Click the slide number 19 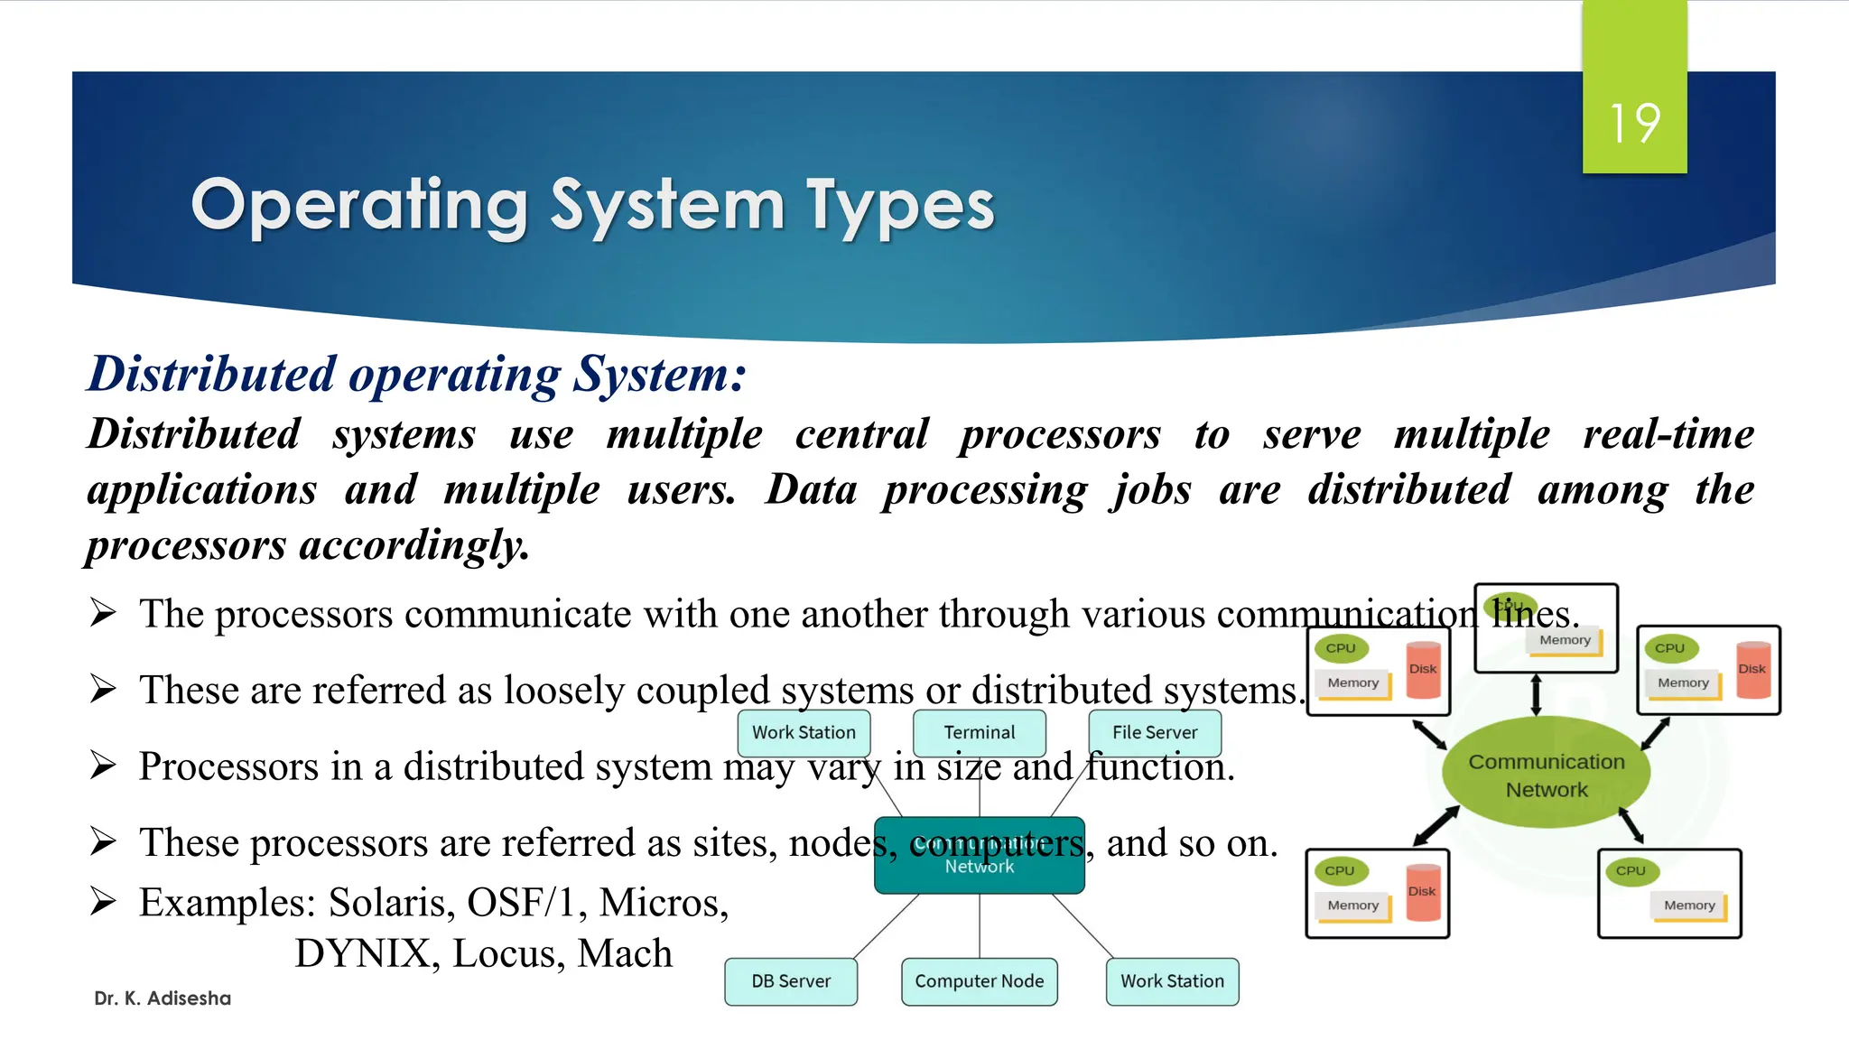(1634, 123)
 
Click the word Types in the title (899, 206)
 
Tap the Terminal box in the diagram (980, 732)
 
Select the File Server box (1155, 732)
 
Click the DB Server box (791, 981)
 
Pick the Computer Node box (979, 981)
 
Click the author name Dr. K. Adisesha (163, 998)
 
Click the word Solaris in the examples (391, 902)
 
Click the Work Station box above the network (804, 732)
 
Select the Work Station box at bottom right (1172, 981)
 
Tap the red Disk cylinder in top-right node (1752, 670)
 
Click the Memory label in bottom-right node (1689, 905)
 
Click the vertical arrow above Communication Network (1536, 695)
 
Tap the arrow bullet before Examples (103, 901)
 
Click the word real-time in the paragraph (1668, 433)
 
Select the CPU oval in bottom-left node (1340, 870)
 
